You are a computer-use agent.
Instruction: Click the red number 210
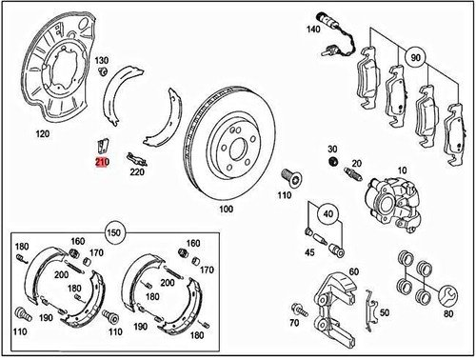101,164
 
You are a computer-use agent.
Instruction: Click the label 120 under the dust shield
40,133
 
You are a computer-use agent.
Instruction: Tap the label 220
137,173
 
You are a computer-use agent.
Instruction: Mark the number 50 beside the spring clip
384,312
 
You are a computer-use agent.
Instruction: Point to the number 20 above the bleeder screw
356,165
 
